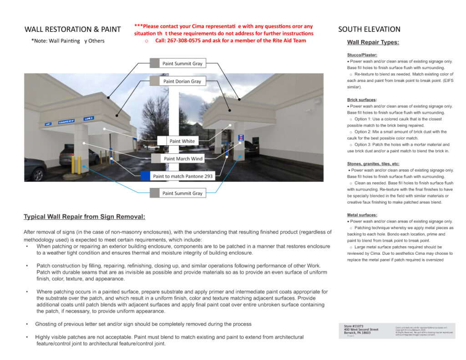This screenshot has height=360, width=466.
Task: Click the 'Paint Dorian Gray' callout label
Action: (x=182, y=81)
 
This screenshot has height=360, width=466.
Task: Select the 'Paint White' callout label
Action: (x=182, y=141)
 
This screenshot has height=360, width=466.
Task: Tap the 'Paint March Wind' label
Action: (x=183, y=159)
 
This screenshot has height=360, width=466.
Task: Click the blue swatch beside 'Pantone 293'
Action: (x=145, y=176)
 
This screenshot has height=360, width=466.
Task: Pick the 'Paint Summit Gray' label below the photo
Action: (x=182, y=193)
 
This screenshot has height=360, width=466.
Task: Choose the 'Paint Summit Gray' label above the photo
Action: (x=182, y=64)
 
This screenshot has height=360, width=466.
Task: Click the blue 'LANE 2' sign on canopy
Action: (x=88, y=119)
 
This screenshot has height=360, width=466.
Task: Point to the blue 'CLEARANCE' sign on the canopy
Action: (x=66, y=122)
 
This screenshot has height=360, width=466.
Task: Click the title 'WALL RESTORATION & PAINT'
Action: (x=73, y=30)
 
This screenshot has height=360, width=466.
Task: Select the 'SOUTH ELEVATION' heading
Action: (x=369, y=30)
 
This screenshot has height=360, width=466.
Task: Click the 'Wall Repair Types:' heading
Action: (x=373, y=43)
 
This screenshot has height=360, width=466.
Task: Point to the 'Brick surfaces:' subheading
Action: (x=362, y=100)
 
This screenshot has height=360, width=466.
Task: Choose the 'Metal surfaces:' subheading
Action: (x=362, y=215)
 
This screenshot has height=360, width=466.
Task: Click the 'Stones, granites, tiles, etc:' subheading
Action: (x=373, y=163)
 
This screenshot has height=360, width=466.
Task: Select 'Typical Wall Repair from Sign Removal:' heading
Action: (x=84, y=217)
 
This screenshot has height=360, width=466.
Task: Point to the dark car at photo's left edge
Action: (x=34, y=169)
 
